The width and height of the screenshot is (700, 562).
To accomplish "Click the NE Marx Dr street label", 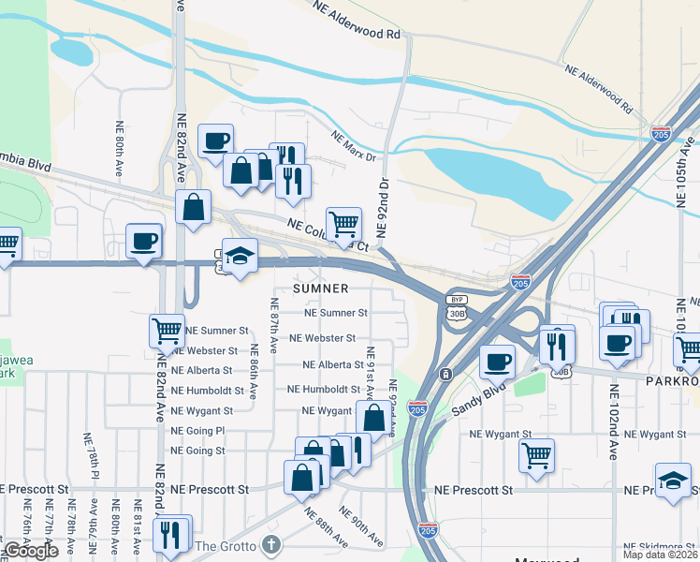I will point(353,139).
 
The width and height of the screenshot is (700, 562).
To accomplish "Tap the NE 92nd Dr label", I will point(382,206).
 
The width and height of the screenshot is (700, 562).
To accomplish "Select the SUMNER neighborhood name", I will point(320,288).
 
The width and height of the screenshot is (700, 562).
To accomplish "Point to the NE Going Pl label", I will point(197,431).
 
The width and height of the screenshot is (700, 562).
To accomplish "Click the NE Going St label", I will point(197,451).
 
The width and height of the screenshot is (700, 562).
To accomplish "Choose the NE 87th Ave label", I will point(274,325).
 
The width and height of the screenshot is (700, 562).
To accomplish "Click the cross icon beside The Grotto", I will point(271,544).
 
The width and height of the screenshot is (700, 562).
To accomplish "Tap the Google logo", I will point(31,551).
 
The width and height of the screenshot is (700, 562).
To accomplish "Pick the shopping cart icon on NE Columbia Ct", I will point(343,223).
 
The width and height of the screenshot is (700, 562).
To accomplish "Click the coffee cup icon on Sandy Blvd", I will point(497,360).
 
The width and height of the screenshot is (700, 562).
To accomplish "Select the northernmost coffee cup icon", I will point(215,140).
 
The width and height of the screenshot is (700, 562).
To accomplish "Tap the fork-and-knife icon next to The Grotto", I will point(169,533).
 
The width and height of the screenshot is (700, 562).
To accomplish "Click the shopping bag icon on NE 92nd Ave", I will point(373,418).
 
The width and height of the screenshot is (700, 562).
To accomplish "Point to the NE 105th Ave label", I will point(689,151).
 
